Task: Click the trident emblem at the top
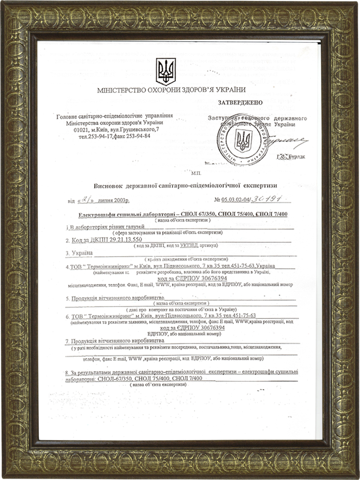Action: [166, 72]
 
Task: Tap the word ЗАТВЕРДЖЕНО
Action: [240, 103]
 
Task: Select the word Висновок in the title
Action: [108, 185]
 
